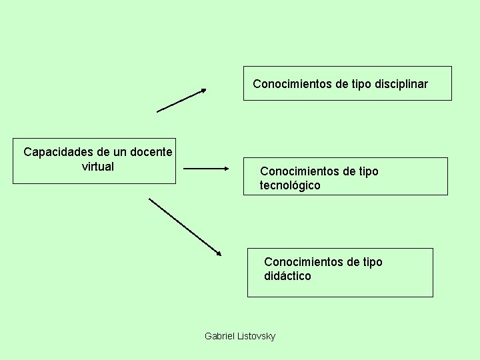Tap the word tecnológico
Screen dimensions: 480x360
[x=290, y=186]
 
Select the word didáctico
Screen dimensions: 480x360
[x=287, y=276]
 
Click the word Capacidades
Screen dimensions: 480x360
[x=58, y=152]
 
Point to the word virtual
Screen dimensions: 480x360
[x=98, y=166]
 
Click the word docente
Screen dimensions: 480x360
[x=151, y=152]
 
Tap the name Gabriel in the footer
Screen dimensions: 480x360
[x=219, y=336]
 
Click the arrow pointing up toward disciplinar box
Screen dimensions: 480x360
[x=181, y=100]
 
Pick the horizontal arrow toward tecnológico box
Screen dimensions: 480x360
[x=205, y=169]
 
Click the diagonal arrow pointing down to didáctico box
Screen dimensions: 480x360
[x=184, y=226]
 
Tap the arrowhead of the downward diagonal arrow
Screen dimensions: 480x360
[x=218, y=253]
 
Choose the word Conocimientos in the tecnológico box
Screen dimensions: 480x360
[x=299, y=171]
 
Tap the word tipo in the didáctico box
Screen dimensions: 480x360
[x=371, y=262]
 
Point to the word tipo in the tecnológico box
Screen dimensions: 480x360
[x=367, y=171]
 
